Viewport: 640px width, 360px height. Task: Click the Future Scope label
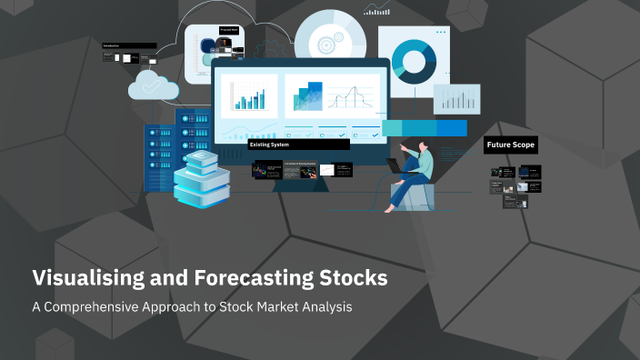[x=511, y=145]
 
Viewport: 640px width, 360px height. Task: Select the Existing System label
[x=273, y=144]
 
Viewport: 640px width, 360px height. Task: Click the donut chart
[x=415, y=60]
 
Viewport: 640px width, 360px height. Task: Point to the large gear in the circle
[x=325, y=41]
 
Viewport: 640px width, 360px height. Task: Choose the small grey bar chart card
[x=456, y=98]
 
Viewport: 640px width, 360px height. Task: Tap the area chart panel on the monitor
[x=305, y=95]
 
